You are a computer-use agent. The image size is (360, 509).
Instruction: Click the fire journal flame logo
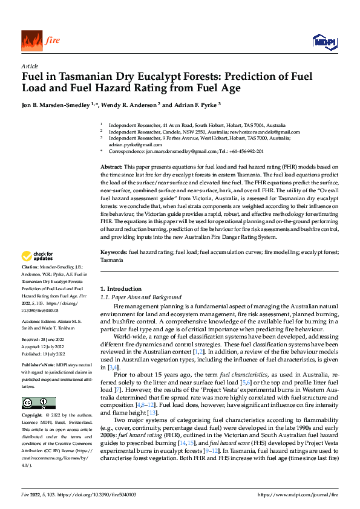(31, 41)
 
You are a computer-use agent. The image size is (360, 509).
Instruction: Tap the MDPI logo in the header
(324, 41)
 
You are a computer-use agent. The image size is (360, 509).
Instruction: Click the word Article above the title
(29, 66)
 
